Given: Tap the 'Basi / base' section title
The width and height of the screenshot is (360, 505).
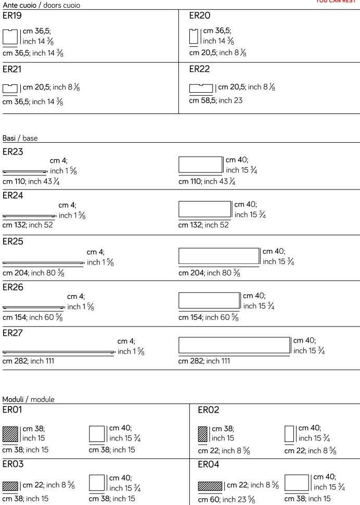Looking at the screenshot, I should (20, 138).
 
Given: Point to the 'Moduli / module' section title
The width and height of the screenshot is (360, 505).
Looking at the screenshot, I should (29, 399).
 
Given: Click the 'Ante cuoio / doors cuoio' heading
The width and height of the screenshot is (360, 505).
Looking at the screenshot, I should (41, 5).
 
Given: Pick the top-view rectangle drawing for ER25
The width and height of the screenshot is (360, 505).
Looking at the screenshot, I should (219, 256).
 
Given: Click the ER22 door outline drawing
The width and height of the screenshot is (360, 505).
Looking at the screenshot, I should (201, 88).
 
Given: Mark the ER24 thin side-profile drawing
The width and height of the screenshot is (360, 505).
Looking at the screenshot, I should (29, 216).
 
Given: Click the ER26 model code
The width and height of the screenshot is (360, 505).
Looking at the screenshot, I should (13, 287).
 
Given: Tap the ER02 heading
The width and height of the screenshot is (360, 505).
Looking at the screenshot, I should (209, 411).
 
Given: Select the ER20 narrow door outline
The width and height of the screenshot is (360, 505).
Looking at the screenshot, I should (194, 36).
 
